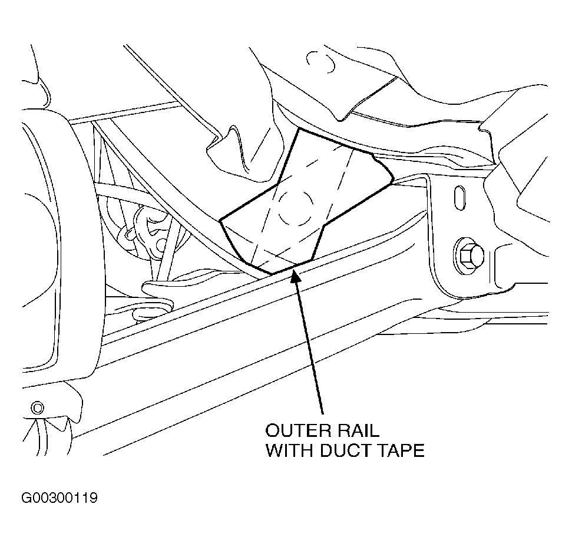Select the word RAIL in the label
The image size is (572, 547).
click(359, 430)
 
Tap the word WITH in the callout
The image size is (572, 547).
click(289, 450)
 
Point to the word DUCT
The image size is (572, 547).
click(345, 450)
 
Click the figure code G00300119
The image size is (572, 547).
click(59, 498)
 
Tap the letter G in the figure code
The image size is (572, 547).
click(27, 498)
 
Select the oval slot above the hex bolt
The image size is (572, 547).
click(460, 198)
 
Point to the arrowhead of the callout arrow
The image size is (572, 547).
click(295, 276)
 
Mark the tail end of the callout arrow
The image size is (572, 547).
click(322, 414)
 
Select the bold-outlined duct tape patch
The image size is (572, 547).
click(306, 201)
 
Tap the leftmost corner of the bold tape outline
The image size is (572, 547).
click(220, 220)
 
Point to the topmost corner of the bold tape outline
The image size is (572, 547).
click(299, 128)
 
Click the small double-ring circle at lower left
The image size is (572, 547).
click(37, 407)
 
